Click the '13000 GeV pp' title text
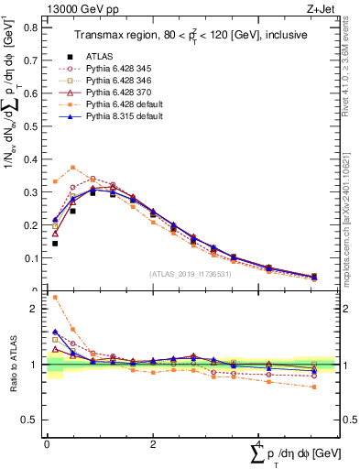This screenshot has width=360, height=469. click(80, 8)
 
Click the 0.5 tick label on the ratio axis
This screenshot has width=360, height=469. click(30, 420)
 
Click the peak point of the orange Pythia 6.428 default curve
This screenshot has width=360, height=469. click(72, 168)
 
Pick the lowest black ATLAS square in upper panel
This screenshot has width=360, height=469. click(55, 244)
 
